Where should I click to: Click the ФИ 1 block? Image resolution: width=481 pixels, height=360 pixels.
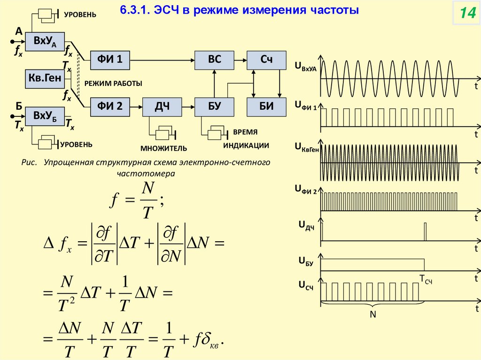pos(110,60)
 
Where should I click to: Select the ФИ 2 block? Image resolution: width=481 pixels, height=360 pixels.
pos(110,107)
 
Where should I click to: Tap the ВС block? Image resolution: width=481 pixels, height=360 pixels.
pos(214,60)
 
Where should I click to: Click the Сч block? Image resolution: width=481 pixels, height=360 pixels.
pos(266,60)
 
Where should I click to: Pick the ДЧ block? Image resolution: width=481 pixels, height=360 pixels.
pos(162,107)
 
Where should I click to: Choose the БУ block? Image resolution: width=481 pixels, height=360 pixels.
pos(214,107)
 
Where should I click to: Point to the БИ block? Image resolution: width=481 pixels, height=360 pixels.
pos(266,107)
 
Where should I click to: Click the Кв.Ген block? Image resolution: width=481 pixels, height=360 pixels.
pos(45,79)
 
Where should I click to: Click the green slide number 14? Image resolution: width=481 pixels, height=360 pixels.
pos(467,14)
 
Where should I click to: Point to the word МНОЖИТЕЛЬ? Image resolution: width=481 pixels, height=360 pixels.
pos(164,148)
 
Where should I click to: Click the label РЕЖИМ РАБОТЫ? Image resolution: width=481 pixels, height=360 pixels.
pos(113,83)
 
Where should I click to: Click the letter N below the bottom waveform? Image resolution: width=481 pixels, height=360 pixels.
pos(373,314)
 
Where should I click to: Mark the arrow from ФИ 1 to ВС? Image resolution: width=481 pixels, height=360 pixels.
pos(162,60)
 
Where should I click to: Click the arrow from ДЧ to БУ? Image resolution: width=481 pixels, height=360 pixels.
pos(188,107)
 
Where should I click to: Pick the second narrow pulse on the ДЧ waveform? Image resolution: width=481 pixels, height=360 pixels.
pos(425,231)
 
